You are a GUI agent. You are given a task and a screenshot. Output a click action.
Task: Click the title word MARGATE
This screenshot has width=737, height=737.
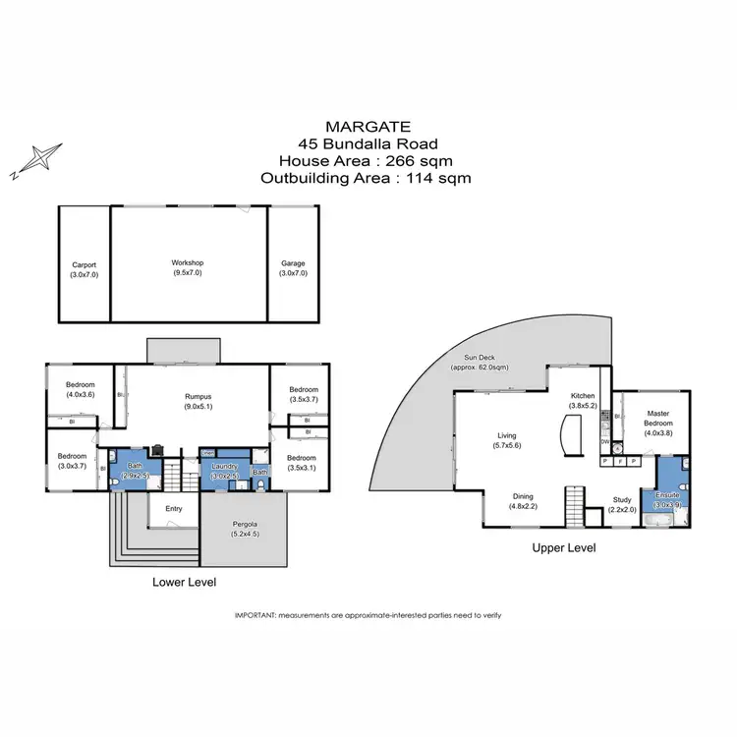click(x=368, y=127)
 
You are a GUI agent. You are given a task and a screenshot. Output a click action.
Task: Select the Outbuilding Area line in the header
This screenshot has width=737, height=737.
click(x=367, y=179)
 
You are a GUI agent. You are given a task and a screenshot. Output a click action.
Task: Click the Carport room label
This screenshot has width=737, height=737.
click(x=84, y=268)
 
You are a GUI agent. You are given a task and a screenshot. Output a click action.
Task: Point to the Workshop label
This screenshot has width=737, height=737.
click(x=187, y=268)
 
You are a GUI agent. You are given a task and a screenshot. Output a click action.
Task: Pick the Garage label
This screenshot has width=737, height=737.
click(x=293, y=268)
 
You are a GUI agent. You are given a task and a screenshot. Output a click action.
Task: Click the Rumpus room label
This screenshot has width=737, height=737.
click(x=197, y=401)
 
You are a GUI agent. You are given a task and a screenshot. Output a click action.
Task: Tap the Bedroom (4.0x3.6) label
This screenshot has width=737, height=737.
click(x=80, y=389)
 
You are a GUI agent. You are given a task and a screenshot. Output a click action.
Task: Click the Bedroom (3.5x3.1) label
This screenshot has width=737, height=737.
click(x=301, y=463)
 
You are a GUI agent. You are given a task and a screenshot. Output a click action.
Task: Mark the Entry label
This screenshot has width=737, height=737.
click(x=174, y=508)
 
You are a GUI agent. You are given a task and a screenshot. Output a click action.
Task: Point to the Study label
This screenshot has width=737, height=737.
click(x=621, y=504)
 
